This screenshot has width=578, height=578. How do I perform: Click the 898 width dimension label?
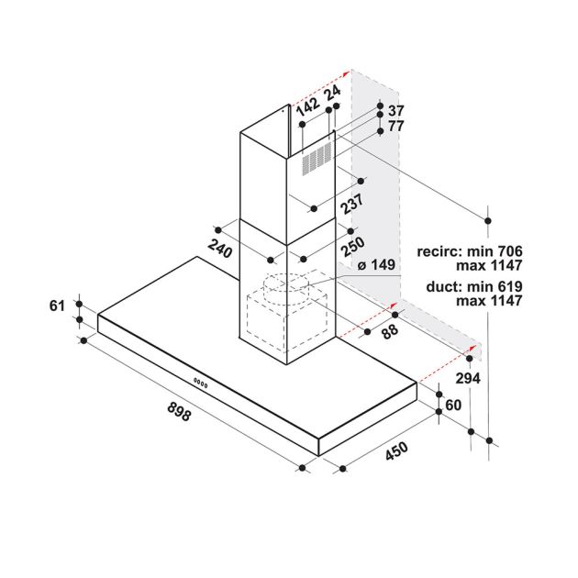179,411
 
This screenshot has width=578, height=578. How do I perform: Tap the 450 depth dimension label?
397,450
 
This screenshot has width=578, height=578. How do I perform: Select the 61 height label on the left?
57,306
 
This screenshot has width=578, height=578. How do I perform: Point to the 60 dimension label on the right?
453,405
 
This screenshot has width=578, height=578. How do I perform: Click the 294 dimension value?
468,378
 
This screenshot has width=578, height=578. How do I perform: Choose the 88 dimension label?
390,330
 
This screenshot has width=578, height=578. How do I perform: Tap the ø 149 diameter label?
376,264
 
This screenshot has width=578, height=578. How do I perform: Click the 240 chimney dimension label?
219,249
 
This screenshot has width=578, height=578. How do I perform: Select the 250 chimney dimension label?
353,246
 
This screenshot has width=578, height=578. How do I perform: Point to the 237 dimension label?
352,204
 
